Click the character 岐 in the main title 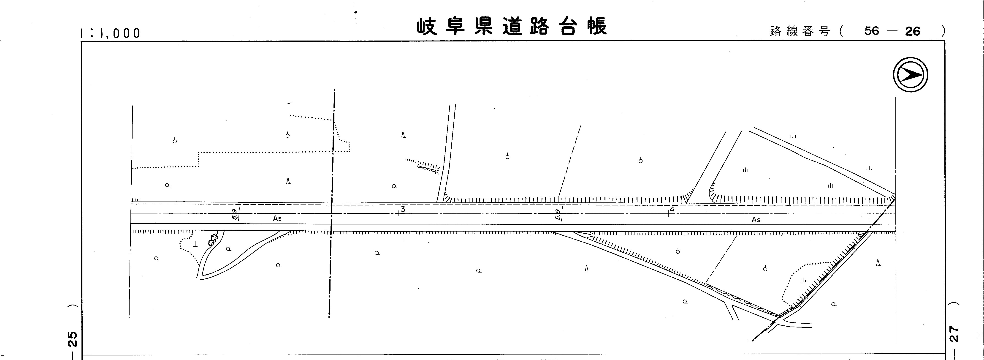[x=427, y=27]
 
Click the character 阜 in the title [x=455, y=27]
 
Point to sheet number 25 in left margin [x=72, y=339]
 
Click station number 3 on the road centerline [x=403, y=209]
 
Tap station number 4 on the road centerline [x=672, y=209]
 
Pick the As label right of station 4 [x=756, y=220]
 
